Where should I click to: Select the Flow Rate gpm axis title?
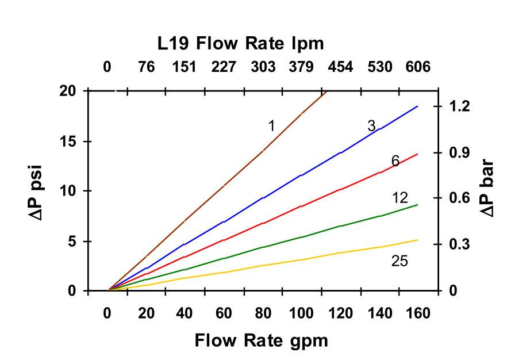(x=262, y=340)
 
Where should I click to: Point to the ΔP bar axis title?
(x=487, y=187)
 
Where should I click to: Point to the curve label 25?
(x=400, y=261)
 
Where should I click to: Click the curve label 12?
(x=400, y=198)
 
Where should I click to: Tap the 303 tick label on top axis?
(x=263, y=67)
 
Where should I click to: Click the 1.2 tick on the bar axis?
(x=462, y=106)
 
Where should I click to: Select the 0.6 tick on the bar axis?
(x=462, y=198)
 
